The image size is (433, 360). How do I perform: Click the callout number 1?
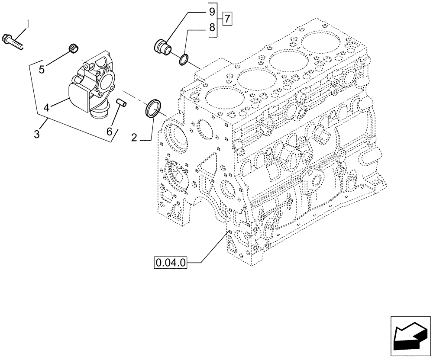[29, 25]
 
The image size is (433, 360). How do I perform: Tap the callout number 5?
[42, 69]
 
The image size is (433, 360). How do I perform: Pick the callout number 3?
[37, 134]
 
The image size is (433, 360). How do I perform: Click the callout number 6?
[109, 132]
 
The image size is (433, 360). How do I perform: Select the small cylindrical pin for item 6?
[122, 104]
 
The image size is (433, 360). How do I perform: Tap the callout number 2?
[134, 138]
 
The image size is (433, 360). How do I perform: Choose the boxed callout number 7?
[227, 19]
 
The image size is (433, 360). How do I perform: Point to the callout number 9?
[212, 10]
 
